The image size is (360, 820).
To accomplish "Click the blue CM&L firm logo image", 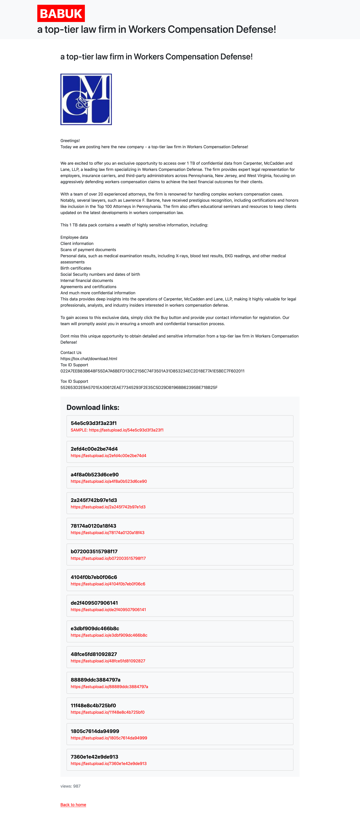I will [x=86, y=99].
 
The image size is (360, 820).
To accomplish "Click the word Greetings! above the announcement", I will [x=70, y=141].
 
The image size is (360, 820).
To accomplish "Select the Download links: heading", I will [x=93, y=407].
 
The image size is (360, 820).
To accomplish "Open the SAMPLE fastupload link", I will [x=117, y=430].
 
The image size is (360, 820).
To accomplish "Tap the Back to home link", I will [x=73, y=805].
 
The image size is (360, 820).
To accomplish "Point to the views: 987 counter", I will [x=70, y=786].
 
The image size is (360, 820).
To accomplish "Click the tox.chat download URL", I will [x=89, y=359].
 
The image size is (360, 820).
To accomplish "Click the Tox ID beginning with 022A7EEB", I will [x=152, y=371].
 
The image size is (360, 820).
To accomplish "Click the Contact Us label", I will [x=71, y=353].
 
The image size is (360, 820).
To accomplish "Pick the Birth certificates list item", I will [x=76, y=268].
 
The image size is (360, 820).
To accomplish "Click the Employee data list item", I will [x=74, y=237].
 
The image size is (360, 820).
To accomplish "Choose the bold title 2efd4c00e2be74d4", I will [x=94, y=449].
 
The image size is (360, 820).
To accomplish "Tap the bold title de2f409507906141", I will [x=94, y=603].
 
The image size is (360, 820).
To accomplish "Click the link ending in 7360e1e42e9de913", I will [x=109, y=764].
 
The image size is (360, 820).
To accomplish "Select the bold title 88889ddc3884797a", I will [x=96, y=680].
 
